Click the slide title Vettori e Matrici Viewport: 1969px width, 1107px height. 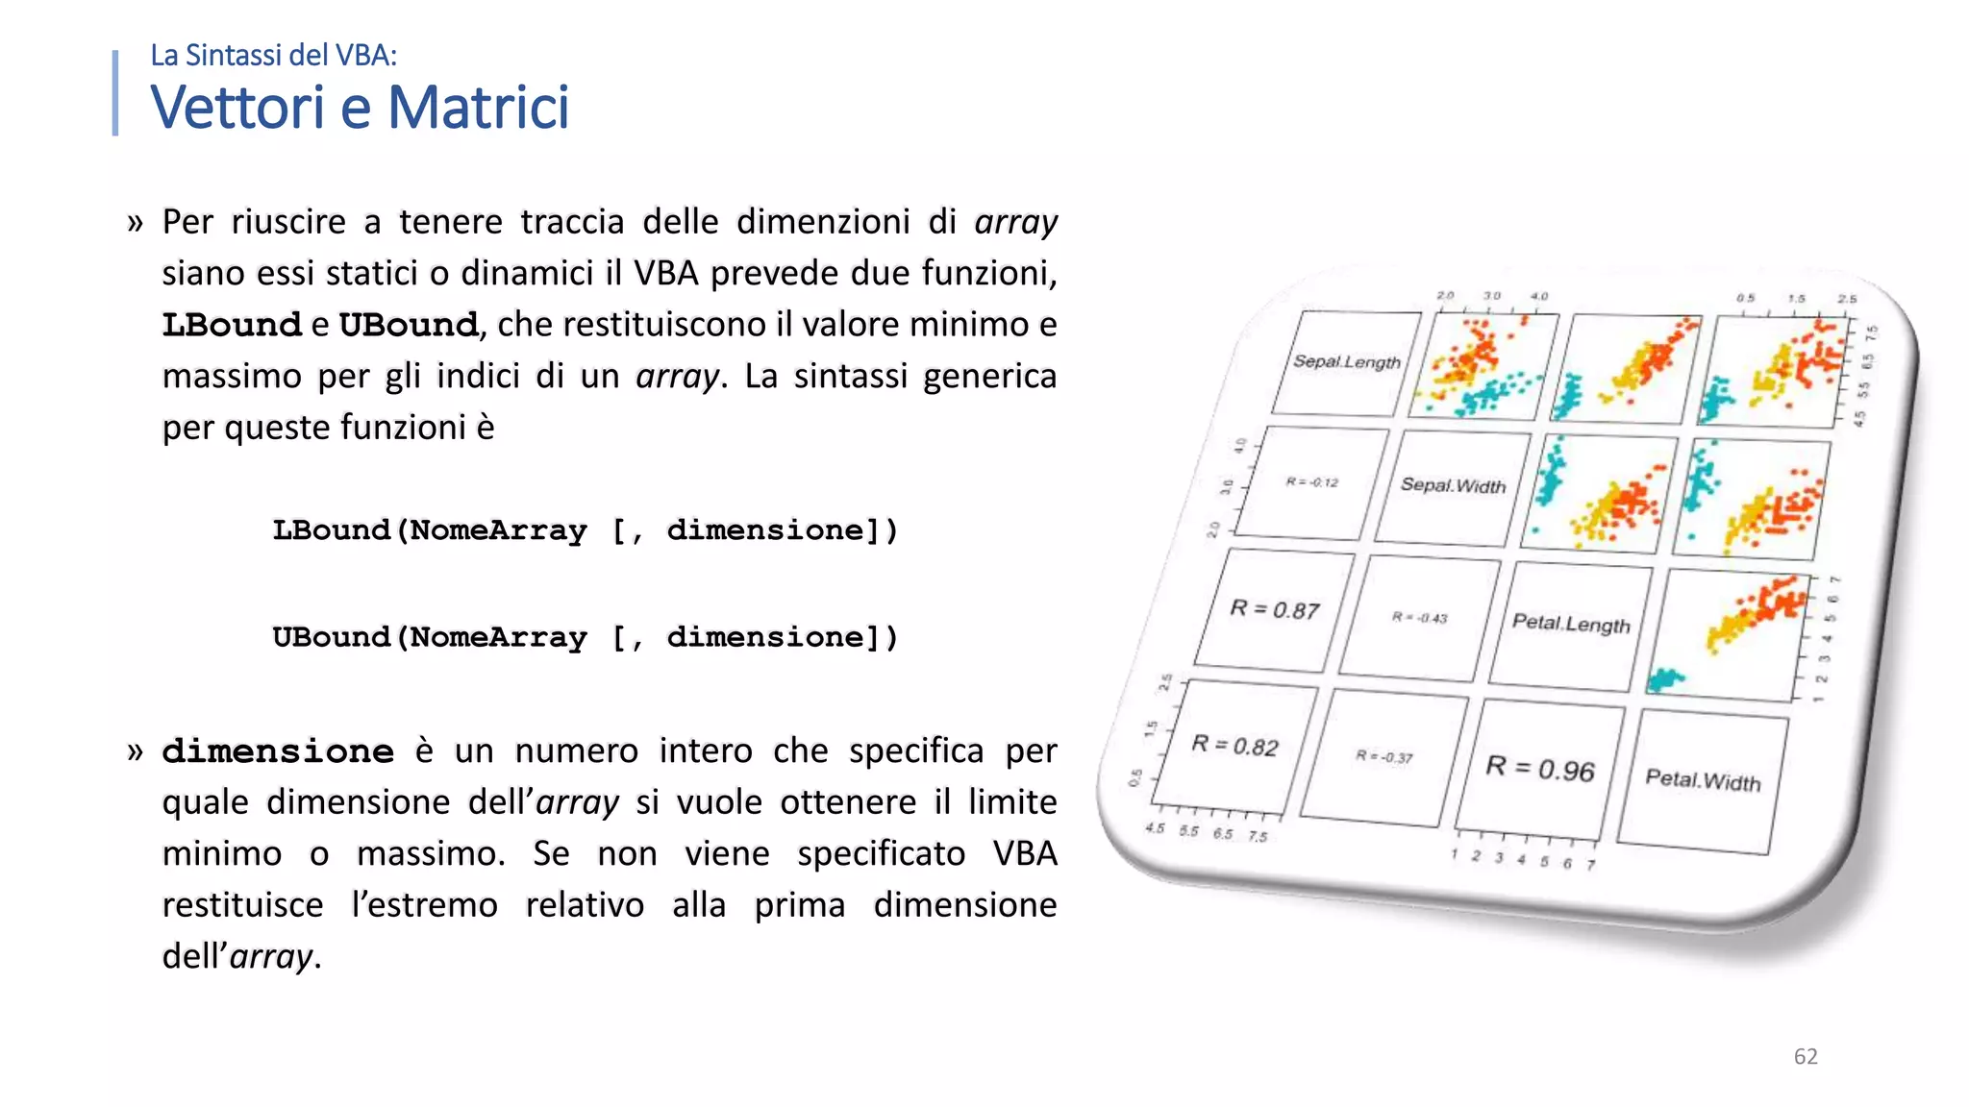pos(360,107)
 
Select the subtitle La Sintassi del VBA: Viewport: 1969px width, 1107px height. pos(273,56)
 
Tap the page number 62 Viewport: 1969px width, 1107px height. pos(1806,1056)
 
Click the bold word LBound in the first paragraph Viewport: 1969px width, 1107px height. pos(232,325)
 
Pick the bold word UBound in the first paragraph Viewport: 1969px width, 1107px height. pos(409,325)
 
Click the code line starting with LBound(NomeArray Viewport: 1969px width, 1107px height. pos(585,529)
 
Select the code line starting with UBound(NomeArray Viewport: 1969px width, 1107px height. pos(585,636)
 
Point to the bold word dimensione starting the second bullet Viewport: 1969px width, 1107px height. pos(278,750)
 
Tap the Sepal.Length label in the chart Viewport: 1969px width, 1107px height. pos(1346,361)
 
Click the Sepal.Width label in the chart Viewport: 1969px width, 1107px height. pos(1453,485)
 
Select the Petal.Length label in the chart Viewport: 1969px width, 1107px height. pos(1571,623)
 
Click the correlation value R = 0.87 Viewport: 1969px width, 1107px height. pos(1275,609)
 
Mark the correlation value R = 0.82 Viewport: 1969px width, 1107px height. pos(1235,746)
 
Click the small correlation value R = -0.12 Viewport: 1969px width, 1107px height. pos(1312,482)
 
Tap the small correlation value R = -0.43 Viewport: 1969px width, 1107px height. pos(1420,618)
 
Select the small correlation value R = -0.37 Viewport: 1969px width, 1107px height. pos(1384,756)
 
